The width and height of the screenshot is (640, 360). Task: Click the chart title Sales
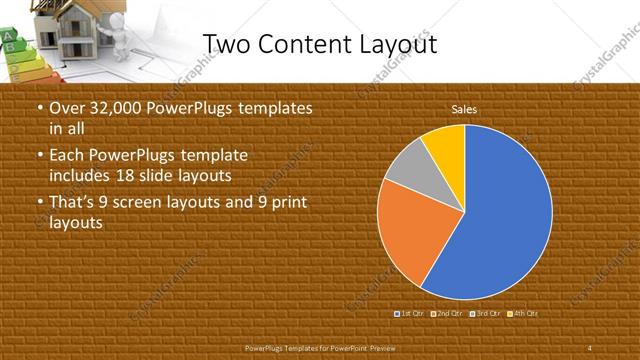click(x=464, y=108)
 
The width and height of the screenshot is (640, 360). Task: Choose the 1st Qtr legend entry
click(x=410, y=313)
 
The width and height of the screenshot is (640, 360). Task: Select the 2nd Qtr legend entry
click(x=447, y=313)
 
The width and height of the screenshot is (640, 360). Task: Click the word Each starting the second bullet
click(x=67, y=157)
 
